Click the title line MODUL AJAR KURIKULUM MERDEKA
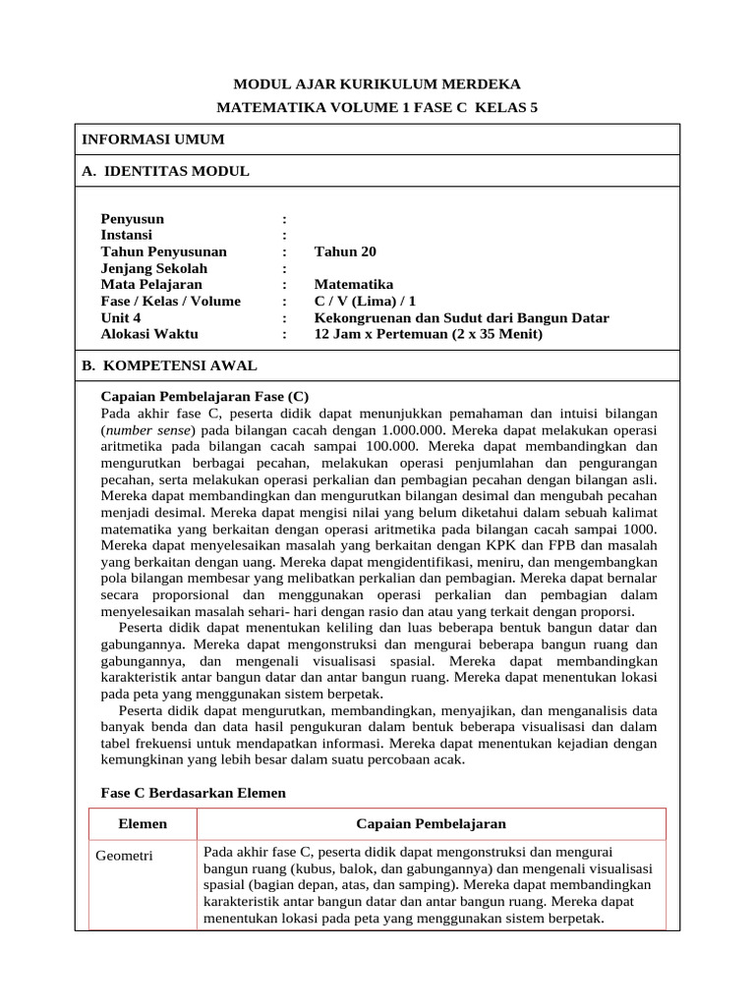[x=377, y=84]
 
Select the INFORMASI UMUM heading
[x=152, y=140]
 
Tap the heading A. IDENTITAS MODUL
[x=165, y=171]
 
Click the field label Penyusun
[x=133, y=219]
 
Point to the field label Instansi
[x=127, y=236]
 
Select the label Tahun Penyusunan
[x=164, y=252]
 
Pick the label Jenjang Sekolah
[x=154, y=269]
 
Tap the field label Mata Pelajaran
[x=151, y=285]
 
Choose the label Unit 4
[x=121, y=318]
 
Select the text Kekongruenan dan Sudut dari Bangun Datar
[x=461, y=318]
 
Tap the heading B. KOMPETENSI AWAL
[x=169, y=365]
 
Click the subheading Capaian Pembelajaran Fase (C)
[x=205, y=396]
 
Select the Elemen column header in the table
[x=143, y=823]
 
